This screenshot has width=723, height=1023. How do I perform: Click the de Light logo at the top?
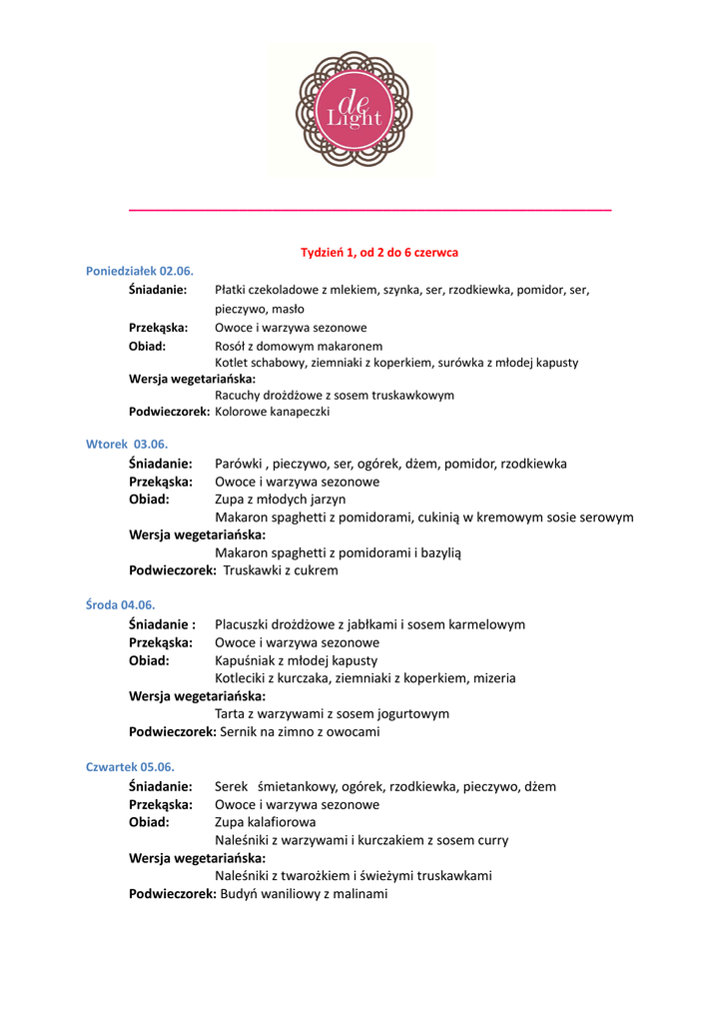coord(354,110)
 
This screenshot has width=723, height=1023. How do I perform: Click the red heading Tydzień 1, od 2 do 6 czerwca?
coord(379,253)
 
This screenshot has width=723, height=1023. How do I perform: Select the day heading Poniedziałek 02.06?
coord(140,271)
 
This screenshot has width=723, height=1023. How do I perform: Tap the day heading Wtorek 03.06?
coord(127,444)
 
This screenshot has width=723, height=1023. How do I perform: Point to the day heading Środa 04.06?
coord(121,604)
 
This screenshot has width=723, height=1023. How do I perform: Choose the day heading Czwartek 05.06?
coord(130,766)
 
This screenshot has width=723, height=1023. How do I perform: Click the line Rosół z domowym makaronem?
coord(299,346)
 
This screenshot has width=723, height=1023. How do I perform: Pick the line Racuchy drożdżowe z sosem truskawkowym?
coord(335,395)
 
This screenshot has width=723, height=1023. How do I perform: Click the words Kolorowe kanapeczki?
coord(272,411)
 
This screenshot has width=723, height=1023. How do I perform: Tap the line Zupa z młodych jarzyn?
coord(281,499)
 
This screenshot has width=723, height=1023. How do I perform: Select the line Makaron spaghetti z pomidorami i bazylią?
coord(339,552)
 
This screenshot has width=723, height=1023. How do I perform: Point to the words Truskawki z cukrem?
coord(281,570)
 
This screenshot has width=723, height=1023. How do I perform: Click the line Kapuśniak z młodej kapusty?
coord(297,660)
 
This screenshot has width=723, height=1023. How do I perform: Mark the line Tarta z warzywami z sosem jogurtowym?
coord(332,713)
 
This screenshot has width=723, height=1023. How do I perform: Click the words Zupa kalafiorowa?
coord(266,822)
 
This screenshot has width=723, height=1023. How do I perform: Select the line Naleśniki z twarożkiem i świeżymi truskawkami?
coord(354,875)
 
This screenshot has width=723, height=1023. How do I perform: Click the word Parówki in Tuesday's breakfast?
coord(238,464)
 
